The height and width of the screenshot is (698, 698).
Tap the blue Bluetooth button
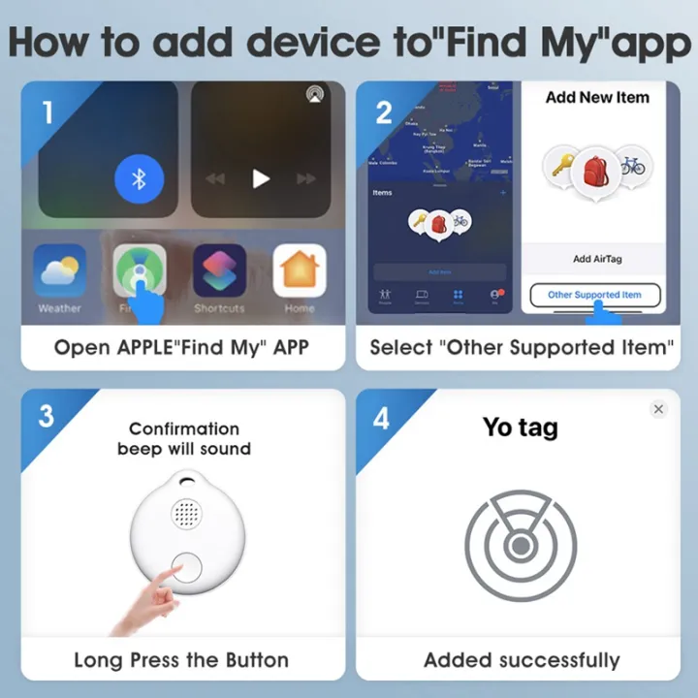pyautogui.click(x=139, y=179)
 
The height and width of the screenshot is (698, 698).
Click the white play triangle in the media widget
pyautogui.click(x=260, y=178)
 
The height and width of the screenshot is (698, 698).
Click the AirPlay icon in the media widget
pyautogui.click(x=315, y=94)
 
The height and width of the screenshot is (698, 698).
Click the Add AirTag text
pyautogui.click(x=596, y=259)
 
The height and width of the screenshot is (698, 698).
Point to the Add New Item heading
pyautogui.click(x=597, y=97)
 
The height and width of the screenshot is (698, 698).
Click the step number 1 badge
pyautogui.click(x=48, y=112)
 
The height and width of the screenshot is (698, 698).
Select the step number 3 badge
pyautogui.click(x=47, y=418)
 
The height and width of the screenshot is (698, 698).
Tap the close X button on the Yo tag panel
pyautogui.click(x=658, y=409)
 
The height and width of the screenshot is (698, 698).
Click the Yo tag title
pyautogui.click(x=521, y=427)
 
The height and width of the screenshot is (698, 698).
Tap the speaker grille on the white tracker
pyautogui.click(x=186, y=513)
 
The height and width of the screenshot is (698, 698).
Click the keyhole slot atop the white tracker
pyautogui.click(x=186, y=478)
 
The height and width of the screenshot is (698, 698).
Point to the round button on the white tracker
pyautogui.click(x=186, y=569)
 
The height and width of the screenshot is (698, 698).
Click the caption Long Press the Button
pyautogui.click(x=181, y=660)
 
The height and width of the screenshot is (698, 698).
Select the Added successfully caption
pyautogui.click(x=522, y=660)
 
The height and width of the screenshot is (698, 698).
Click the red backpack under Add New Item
pyautogui.click(x=595, y=171)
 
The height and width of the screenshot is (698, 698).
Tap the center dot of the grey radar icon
pyautogui.click(x=521, y=547)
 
